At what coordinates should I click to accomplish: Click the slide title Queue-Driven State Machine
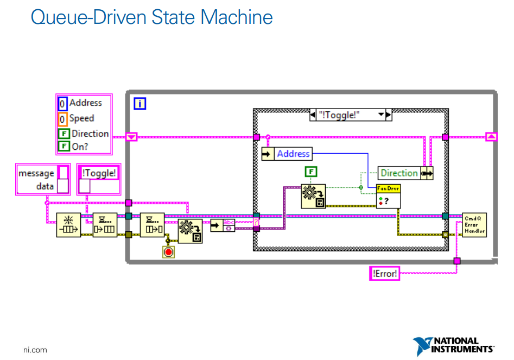coord(151,17)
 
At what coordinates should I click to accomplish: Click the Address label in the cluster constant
coord(85,103)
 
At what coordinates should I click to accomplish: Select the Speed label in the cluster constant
coord(81,118)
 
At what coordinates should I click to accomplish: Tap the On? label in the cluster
coord(80,146)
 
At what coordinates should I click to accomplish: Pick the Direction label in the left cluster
coord(90,134)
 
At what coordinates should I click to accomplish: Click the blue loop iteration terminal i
coord(140,103)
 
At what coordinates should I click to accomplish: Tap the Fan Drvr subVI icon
coord(388,196)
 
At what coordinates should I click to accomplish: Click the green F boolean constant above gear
coord(311,172)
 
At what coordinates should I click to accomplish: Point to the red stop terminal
coord(168,251)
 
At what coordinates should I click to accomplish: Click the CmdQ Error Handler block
coord(474,224)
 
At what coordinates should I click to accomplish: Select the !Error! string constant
coord(385,274)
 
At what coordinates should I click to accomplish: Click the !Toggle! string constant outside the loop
coord(99,173)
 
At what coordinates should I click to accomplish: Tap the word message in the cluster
coord(36,173)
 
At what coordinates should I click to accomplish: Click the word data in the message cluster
coord(45,186)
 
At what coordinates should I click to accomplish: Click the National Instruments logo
coord(454,345)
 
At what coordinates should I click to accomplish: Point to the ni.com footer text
coord(35,350)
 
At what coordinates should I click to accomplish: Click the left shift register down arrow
coord(131,137)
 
